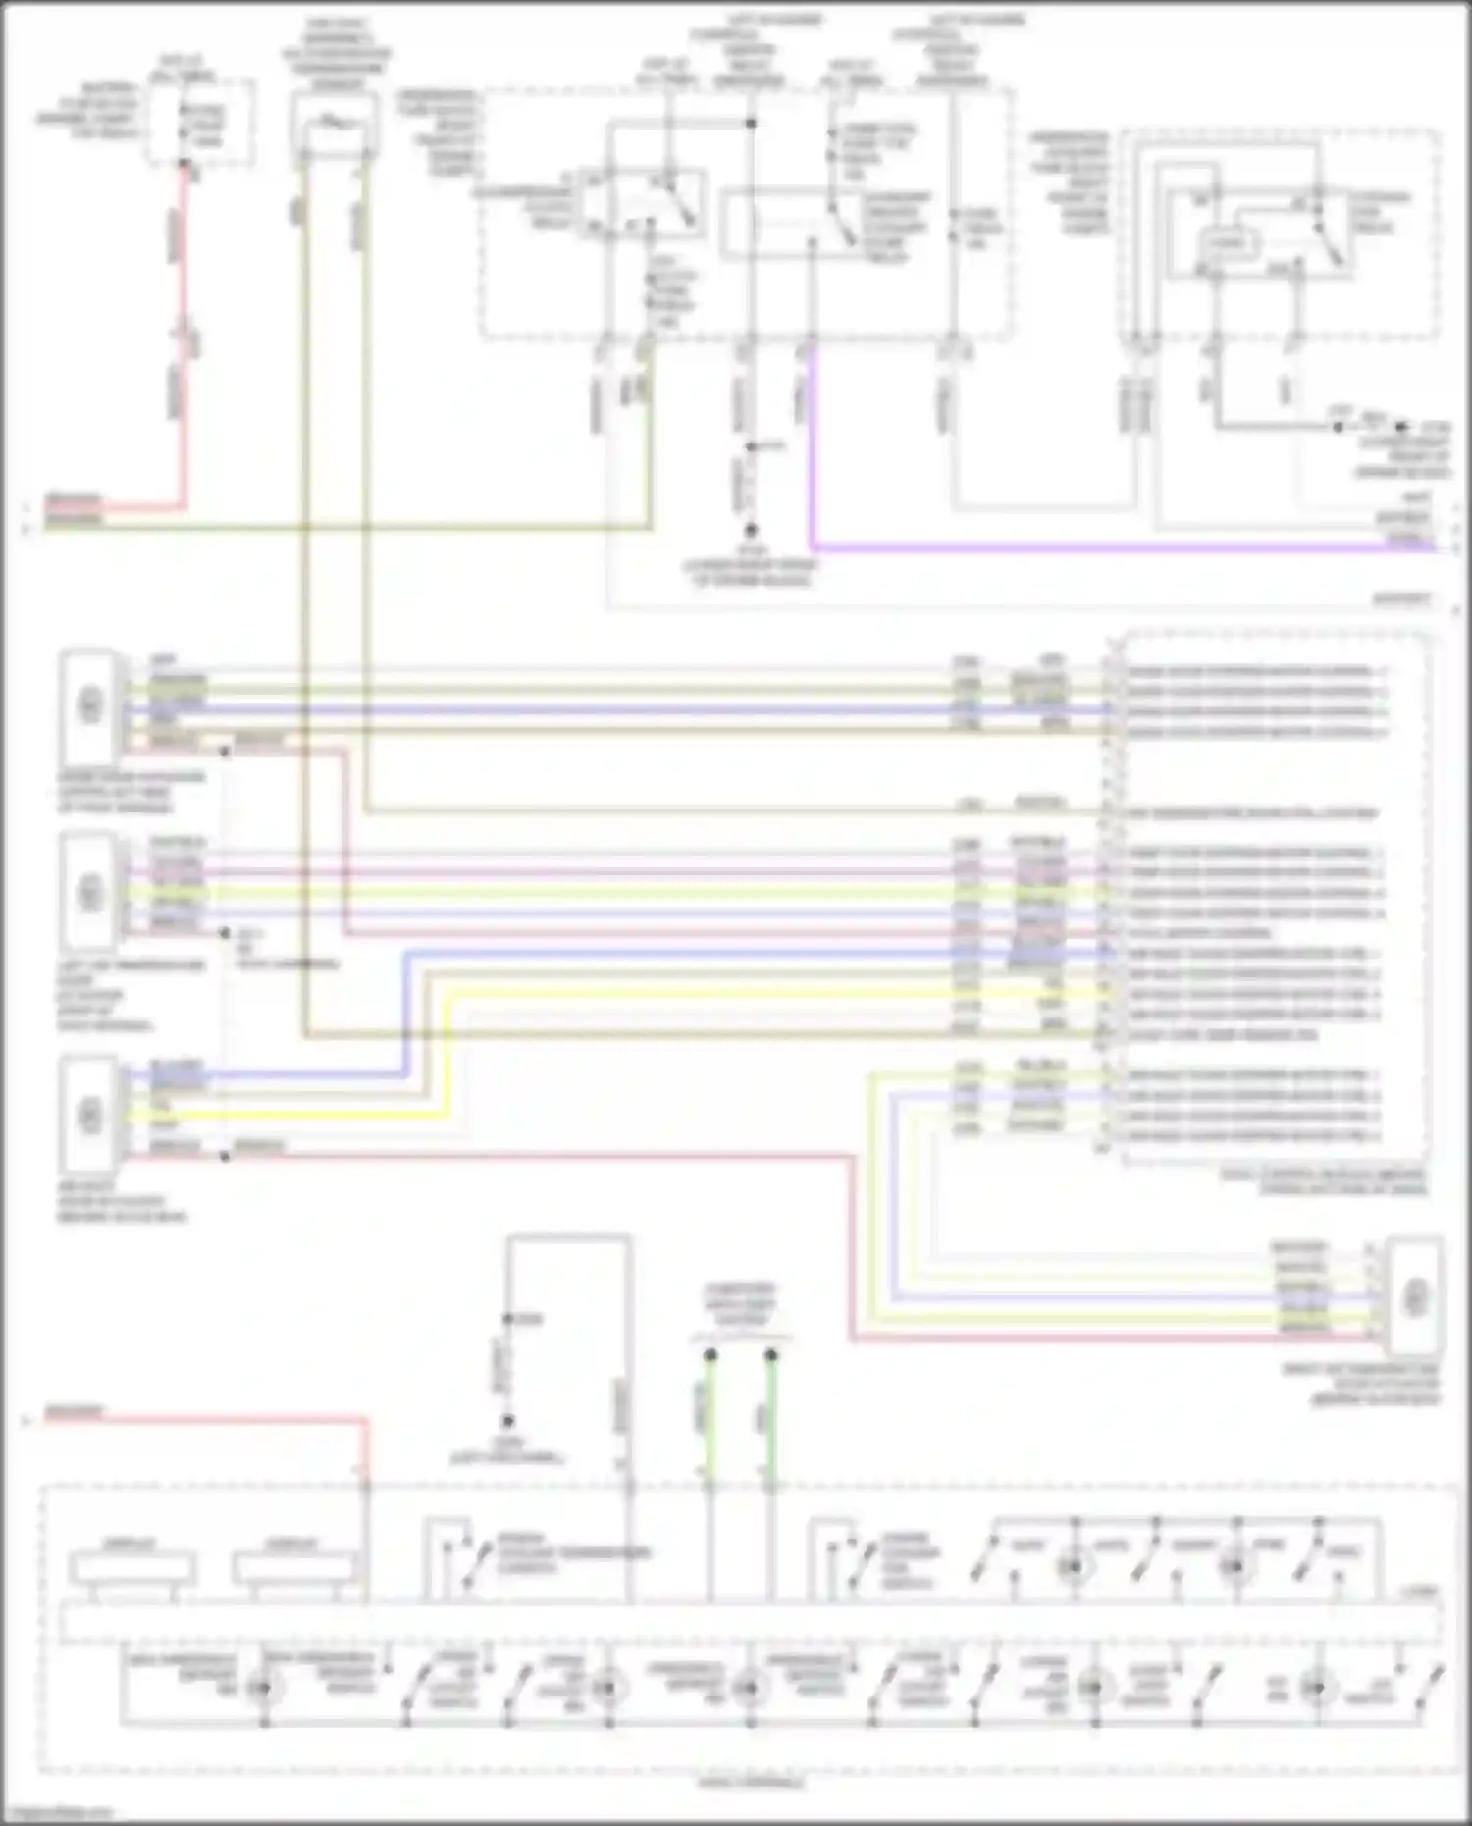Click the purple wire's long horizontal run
1119,548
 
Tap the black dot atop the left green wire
710,1355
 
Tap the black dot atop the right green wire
771,1355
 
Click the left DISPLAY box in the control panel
131,1567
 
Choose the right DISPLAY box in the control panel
293,1567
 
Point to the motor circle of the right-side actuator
1415,1296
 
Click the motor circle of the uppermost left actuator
90,704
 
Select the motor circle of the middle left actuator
90,893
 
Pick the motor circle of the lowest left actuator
90,1115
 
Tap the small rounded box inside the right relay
1227,243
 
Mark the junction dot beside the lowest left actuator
225,1157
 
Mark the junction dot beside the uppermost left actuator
225,752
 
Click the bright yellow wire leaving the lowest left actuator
294,1116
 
